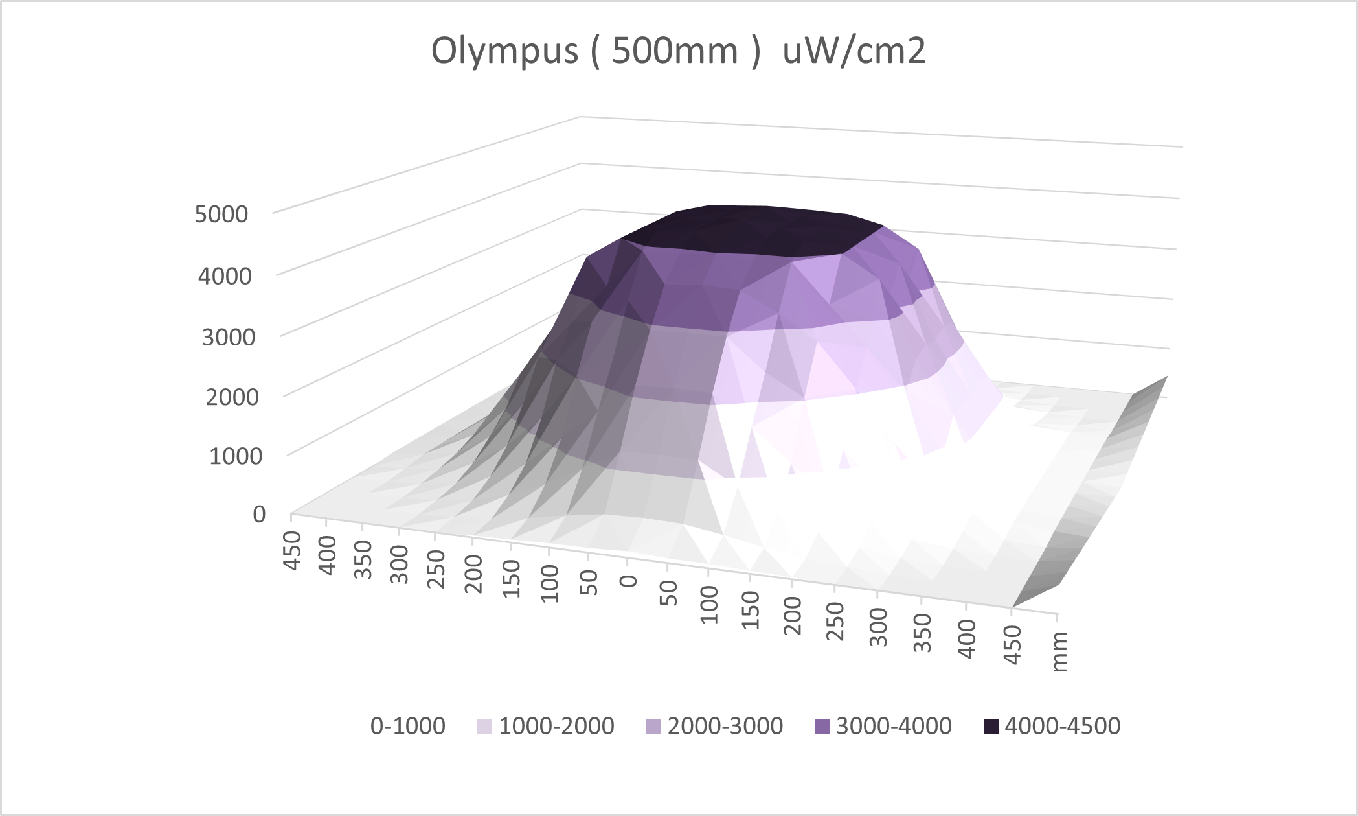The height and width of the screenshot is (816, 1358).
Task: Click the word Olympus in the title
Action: click(x=504, y=52)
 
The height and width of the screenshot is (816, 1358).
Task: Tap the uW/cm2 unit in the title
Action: click(x=854, y=52)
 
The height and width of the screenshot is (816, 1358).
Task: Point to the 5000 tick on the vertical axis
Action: click(x=221, y=214)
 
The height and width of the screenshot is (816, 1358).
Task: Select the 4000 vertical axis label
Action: click(x=225, y=277)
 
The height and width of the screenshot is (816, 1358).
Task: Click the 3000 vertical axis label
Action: click(x=229, y=337)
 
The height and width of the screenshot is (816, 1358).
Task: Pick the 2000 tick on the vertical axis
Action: click(x=232, y=397)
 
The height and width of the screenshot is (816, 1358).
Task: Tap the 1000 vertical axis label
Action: click(x=236, y=456)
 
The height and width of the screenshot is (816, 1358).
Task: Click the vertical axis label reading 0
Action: click(x=259, y=515)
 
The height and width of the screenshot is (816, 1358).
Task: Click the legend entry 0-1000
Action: click(x=407, y=726)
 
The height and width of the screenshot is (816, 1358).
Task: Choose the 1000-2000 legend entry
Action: click(x=556, y=726)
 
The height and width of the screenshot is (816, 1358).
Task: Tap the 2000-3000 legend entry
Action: click(x=725, y=726)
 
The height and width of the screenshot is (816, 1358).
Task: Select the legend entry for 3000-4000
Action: click(x=894, y=726)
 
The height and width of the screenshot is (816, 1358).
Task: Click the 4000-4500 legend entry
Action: click(x=1062, y=726)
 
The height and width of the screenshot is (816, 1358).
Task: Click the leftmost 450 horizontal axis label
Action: click(x=293, y=550)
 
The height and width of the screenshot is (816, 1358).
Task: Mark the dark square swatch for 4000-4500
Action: click(x=991, y=727)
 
